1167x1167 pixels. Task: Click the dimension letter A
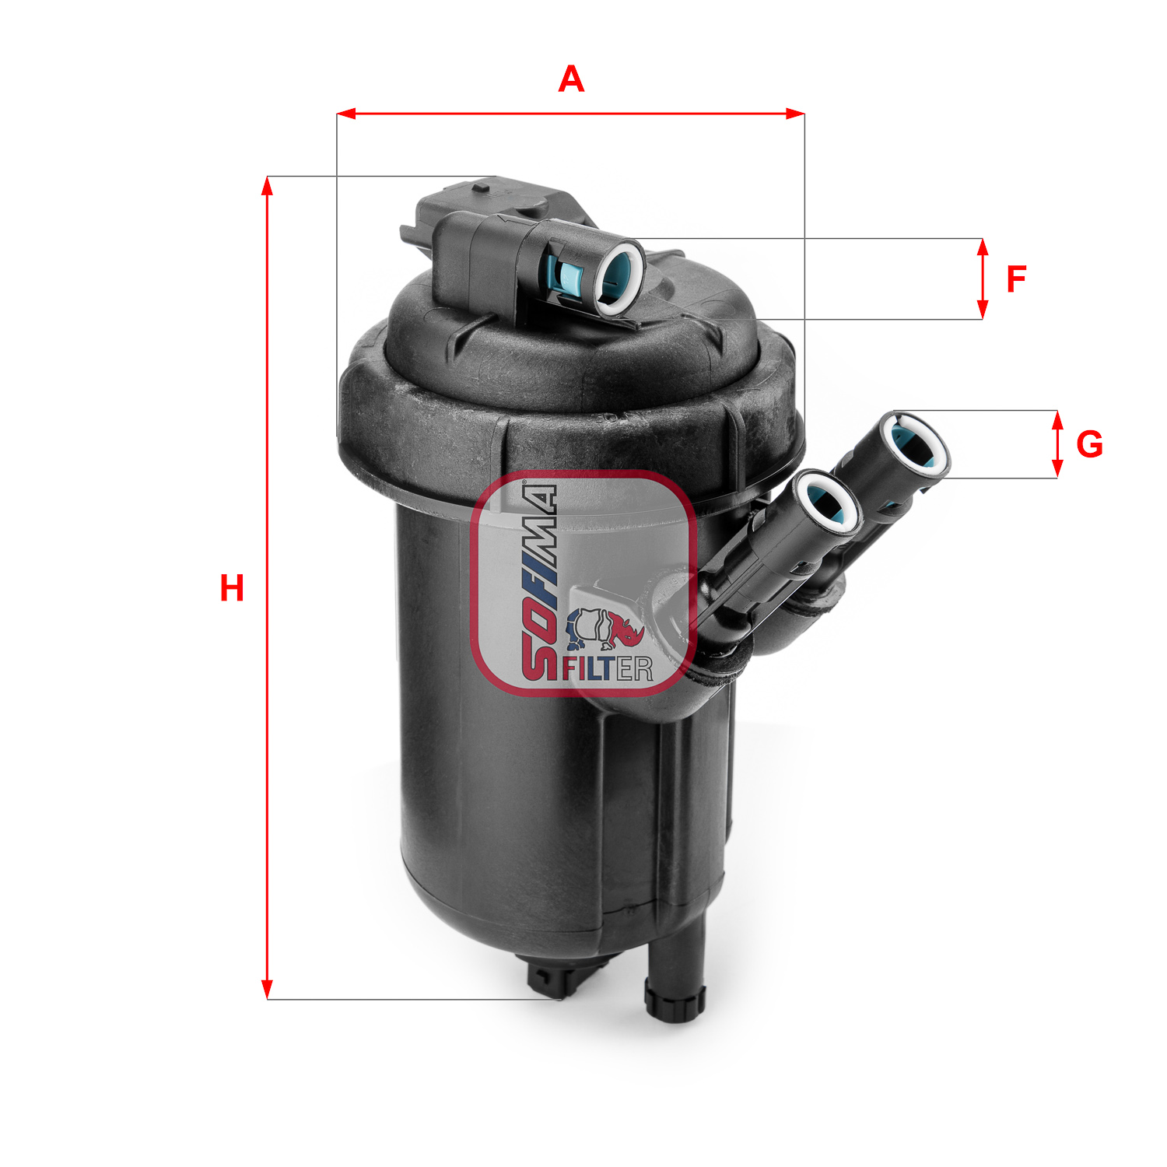[x=571, y=79]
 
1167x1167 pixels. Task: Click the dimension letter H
[x=232, y=588]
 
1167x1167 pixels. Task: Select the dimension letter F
[x=1016, y=279]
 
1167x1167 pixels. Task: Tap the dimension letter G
[x=1089, y=444]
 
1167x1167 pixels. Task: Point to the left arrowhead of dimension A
[x=346, y=114]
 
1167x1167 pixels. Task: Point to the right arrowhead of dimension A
[x=795, y=114]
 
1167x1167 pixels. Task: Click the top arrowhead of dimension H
[x=267, y=186]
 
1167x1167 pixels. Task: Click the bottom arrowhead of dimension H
[x=267, y=989]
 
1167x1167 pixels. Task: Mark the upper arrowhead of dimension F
[x=983, y=248]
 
